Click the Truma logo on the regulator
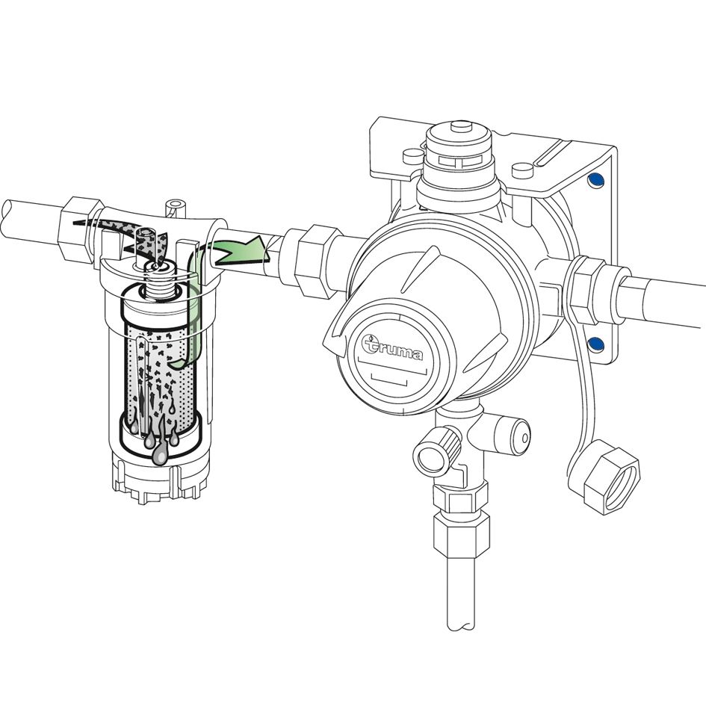(392, 347)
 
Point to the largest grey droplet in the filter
(160, 455)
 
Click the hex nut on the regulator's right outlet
(585, 290)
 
